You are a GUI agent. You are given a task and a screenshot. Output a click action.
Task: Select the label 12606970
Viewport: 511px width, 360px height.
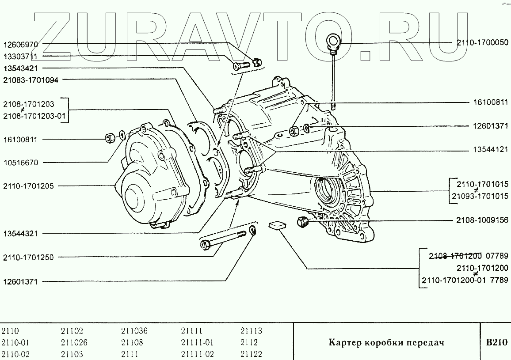21,45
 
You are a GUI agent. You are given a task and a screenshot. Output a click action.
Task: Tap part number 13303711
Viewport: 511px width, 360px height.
21,57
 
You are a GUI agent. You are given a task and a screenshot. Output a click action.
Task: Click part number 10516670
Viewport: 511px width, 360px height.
21,163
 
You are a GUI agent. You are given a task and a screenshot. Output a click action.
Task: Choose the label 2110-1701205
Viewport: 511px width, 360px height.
28,186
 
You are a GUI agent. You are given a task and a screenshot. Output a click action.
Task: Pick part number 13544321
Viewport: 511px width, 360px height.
21,233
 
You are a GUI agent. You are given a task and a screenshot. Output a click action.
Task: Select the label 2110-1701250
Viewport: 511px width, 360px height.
28,257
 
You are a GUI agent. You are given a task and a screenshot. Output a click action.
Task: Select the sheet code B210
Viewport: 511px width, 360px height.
496,342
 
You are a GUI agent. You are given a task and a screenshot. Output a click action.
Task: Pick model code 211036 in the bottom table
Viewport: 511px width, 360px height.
134,331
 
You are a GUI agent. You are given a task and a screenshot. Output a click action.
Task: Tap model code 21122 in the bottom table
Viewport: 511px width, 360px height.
251,354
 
